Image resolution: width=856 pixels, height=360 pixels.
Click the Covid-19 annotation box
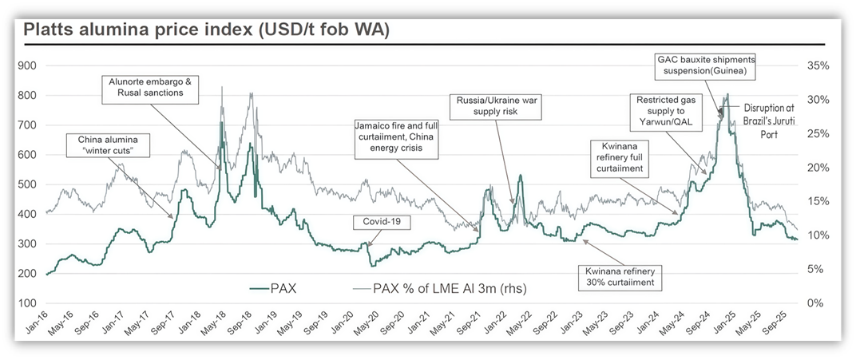(382, 222)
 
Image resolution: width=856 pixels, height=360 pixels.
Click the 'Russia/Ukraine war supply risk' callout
(488, 107)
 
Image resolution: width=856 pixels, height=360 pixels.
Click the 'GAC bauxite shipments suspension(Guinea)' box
(705, 65)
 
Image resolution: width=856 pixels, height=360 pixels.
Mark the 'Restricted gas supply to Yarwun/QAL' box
(665, 113)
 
